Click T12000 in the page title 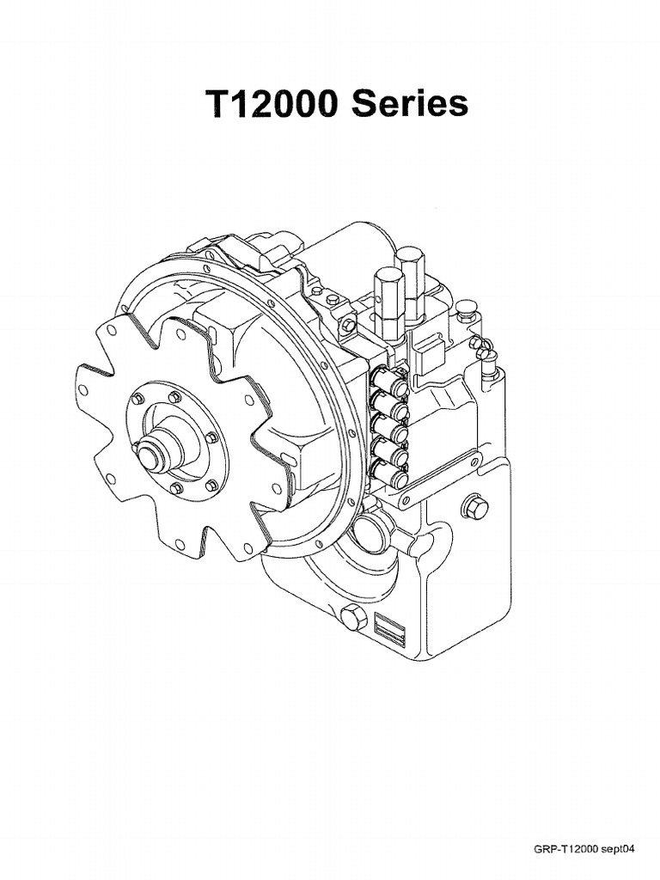click(x=269, y=103)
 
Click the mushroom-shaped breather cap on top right click(x=467, y=308)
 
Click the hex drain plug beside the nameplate click(x=353, y=618)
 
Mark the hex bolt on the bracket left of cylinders click(x=347, y=326)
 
